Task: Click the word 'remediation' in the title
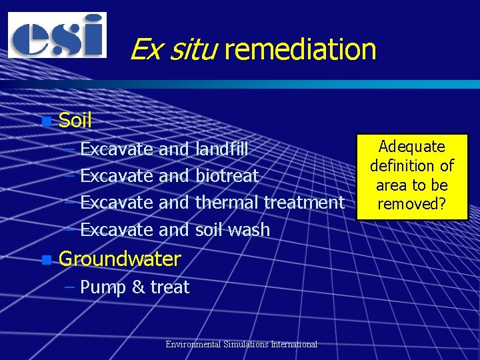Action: tap(301, 49)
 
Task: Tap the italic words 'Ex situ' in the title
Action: tap(173, 49)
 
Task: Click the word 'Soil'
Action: tap(75, 121)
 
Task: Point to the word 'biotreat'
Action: tap(227, 176)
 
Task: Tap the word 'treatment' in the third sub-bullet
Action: tap(305, 203)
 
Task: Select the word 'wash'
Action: tap(249, 230)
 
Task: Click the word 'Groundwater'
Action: tap(120, 259)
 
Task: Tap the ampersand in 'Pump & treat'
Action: tap(139, 288)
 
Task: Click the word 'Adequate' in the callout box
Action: tap(411, 147)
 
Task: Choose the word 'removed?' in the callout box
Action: tap(411, 204)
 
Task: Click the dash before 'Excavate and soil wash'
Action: tap(71, 230)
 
